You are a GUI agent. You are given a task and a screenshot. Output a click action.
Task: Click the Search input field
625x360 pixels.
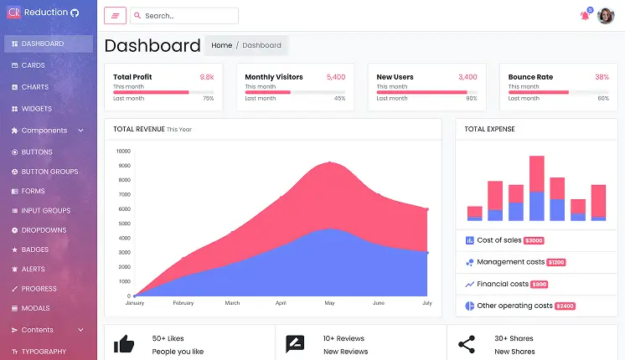[189, 16]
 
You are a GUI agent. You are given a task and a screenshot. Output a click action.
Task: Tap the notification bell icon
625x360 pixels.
[585, 16]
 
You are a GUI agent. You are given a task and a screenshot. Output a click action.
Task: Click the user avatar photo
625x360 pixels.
[606, 16]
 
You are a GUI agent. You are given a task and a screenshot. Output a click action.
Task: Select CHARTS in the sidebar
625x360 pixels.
[34, 87]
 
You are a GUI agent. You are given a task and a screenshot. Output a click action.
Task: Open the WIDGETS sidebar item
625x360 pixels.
[36, 109]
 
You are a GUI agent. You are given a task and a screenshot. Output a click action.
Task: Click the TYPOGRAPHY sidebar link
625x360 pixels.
[44, 352]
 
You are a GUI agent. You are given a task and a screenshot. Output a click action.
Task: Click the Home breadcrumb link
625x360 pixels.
[221, 45]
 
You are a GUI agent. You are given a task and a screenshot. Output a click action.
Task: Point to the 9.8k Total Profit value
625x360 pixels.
[207, 77]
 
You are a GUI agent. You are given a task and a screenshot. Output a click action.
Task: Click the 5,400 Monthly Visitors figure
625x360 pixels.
[336, 77]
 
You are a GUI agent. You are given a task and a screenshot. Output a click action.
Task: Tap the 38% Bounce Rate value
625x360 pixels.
[602, 77]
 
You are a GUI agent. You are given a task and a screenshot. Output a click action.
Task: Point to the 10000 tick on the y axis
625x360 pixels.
[123, 152]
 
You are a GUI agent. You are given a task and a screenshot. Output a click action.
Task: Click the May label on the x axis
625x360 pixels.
[329, 302]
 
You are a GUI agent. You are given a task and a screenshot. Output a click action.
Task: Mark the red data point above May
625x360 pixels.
[329, 163]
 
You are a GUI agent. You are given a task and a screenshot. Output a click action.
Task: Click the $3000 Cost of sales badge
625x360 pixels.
[534, 241]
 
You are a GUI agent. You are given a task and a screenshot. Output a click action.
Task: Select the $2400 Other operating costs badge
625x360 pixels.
[565, 306]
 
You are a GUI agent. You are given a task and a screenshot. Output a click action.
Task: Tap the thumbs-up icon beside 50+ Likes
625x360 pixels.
[124, 343]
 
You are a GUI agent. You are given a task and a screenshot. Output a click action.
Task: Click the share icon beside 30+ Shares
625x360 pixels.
[466, 343]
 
